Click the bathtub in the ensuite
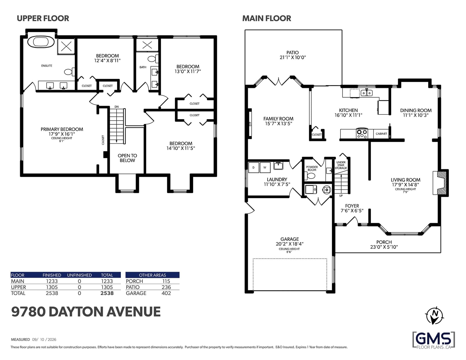tap(41, 41)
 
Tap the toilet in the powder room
tap(311, 176)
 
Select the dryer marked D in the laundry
tap(253, 167)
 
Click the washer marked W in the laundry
tap(265, 167)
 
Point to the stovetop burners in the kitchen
tap(362, 133)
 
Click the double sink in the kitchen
tap(366, 93)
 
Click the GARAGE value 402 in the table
tap(166, 293)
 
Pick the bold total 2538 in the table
tap(107, 293)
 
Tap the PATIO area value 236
tap(166, 287)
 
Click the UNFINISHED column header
tap(79, 275)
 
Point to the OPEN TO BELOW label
tap(127, 158)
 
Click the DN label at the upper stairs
tap(116, 107)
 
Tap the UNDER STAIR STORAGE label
tap(341, 165)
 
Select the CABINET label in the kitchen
tap(381, 134)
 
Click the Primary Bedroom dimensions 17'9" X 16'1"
tap(62, 134)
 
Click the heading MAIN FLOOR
tap(266, 18)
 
